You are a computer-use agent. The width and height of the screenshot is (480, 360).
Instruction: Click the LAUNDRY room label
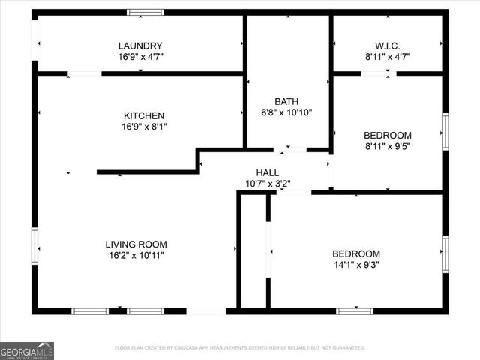[x=140, y=46]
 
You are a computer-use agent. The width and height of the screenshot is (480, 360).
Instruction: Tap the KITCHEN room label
[x=144, y=115]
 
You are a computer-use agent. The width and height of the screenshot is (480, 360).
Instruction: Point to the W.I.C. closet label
[x=387, y=45]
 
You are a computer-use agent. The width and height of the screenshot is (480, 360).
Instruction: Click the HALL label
[x=268, y=172]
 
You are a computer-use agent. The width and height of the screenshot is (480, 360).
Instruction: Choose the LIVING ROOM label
[x=136, y=244]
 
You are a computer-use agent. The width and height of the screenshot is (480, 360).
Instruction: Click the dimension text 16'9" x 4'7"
[x=140, y=56]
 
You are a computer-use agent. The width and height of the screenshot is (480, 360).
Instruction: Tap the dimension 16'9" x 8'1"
[x=144, y=127]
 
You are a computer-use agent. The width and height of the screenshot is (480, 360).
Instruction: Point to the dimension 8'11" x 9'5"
[x=387, y=146]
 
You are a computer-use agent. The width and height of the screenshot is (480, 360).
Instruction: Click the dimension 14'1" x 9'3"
[x=356, y=265]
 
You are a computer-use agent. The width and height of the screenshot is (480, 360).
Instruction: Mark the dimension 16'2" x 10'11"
[x=136, y=255]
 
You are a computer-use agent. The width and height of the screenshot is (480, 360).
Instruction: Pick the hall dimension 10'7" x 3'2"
[x=268, y=182]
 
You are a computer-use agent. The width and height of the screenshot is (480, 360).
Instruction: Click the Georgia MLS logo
[x=27, y=350]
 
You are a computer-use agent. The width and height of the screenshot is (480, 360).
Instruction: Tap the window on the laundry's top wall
[x=145, y=12]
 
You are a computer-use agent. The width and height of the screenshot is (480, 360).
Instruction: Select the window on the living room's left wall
[x=34, y=246]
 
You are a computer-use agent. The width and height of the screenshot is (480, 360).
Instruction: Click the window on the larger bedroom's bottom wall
[x=355, y=310]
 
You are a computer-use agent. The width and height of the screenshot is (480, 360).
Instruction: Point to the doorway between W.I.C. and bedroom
[x=379, y=73]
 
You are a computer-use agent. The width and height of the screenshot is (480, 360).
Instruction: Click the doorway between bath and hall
[x=289, y=150]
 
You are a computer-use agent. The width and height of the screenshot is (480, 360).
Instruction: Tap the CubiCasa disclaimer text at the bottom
[x=239, y=348]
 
